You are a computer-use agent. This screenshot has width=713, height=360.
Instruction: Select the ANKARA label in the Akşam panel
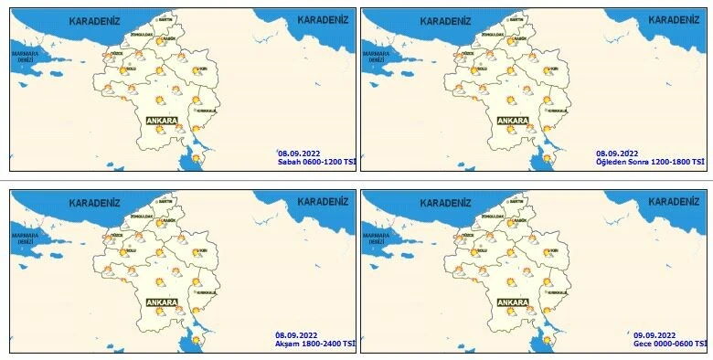161,302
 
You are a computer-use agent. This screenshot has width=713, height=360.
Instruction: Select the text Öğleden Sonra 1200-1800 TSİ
650,162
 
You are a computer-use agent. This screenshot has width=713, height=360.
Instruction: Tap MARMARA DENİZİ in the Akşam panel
27,238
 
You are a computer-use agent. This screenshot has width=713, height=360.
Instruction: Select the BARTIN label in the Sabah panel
165,18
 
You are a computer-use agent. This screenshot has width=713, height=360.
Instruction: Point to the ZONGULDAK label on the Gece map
489,216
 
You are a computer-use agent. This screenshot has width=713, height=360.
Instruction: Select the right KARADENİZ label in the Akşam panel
323,199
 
